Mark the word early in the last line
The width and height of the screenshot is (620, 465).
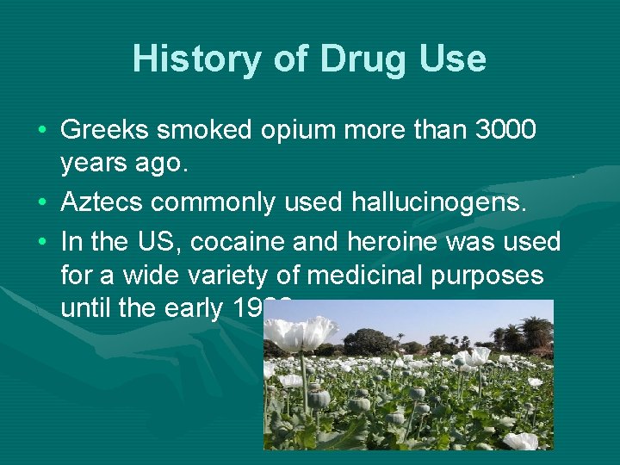tap(205, 308)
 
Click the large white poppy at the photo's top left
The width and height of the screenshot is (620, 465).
tap(301, 332)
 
